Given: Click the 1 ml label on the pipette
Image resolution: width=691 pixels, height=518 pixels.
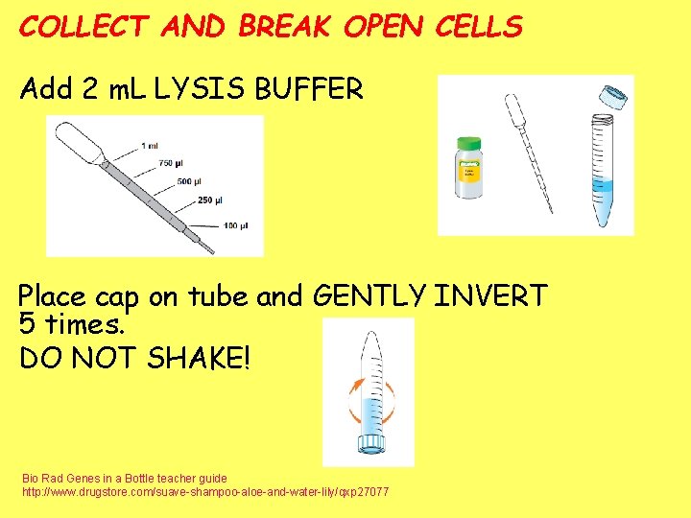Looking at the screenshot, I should click(150, 145).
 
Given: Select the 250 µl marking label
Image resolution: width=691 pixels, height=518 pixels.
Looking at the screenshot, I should click(210, 200).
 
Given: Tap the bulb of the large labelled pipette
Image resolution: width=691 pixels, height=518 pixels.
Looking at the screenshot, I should click(77, 144).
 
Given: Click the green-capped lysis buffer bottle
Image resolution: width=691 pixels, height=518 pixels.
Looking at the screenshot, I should click(468, 169).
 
